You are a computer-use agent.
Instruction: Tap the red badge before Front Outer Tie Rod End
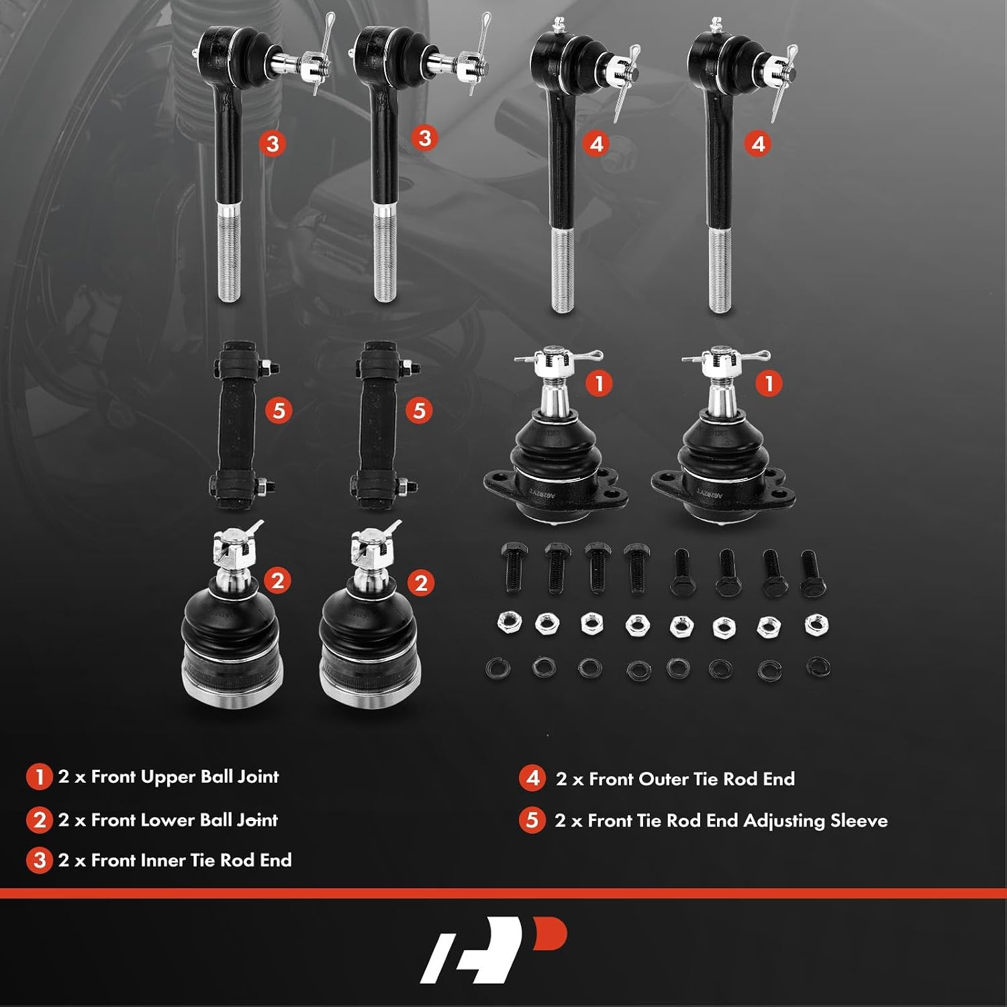pyautogui.click(x=532, y=778)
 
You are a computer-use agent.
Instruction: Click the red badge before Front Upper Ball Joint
pyautogui.click(x=39, y=777)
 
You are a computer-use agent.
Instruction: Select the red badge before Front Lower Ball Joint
pyautogui.click(x=39, y=820)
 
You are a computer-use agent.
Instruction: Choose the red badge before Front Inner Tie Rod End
pyautogui.click(x=39, y=861)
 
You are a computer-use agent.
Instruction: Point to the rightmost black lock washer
pyautogui.click(x=818, y=667)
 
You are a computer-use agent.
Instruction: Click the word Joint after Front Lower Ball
pyautogui.click(x=257, y=821)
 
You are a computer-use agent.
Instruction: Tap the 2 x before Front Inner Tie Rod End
pyautogui.click(x=72, y=861)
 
